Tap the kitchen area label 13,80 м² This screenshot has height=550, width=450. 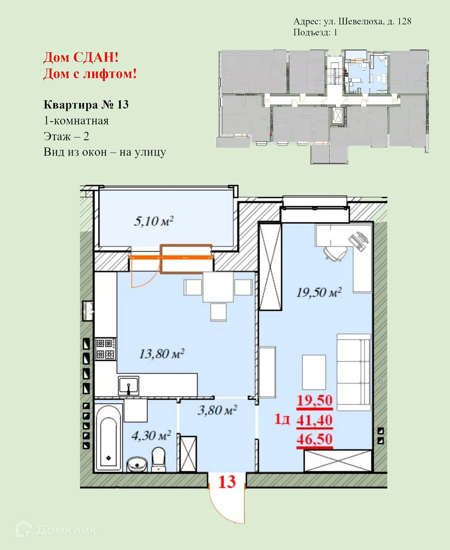[x=162, y=354]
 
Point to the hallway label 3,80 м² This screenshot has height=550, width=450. [x=217, y=410]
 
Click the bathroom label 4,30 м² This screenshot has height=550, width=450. [x=151, y=436]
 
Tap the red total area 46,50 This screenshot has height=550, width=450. [x=315, y=439]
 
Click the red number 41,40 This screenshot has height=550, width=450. [x=315, y=420]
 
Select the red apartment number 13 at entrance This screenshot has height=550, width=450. [x=227, y=482]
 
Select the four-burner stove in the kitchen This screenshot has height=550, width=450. [x=105, y=349]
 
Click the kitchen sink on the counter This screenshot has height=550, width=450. [x=129, y=386]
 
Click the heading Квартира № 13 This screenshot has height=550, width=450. [x=86, y=105]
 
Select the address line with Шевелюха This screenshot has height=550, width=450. [x=352, y=21]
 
